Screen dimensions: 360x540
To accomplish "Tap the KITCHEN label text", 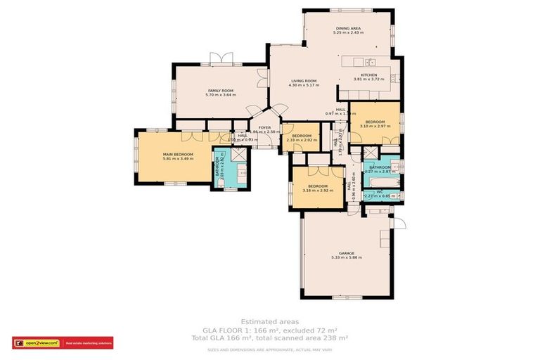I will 369,75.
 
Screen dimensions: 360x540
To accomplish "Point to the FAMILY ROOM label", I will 220,91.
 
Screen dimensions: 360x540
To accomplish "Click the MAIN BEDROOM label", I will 178,154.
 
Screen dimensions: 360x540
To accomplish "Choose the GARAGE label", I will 346,253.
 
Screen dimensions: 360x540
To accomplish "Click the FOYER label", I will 264,128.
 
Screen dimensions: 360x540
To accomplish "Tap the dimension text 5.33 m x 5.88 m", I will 346,258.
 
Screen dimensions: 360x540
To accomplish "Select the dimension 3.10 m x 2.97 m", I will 375,127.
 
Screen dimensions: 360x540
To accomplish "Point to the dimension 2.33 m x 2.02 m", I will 302,141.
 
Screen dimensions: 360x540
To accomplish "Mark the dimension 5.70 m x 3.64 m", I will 220,96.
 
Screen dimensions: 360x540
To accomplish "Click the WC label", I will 380,191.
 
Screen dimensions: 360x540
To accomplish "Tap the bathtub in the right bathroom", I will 382,181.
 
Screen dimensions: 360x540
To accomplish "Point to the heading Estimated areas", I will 269,321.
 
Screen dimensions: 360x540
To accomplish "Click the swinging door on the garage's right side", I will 399,223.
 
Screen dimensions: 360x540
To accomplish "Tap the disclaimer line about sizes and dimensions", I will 269,349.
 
